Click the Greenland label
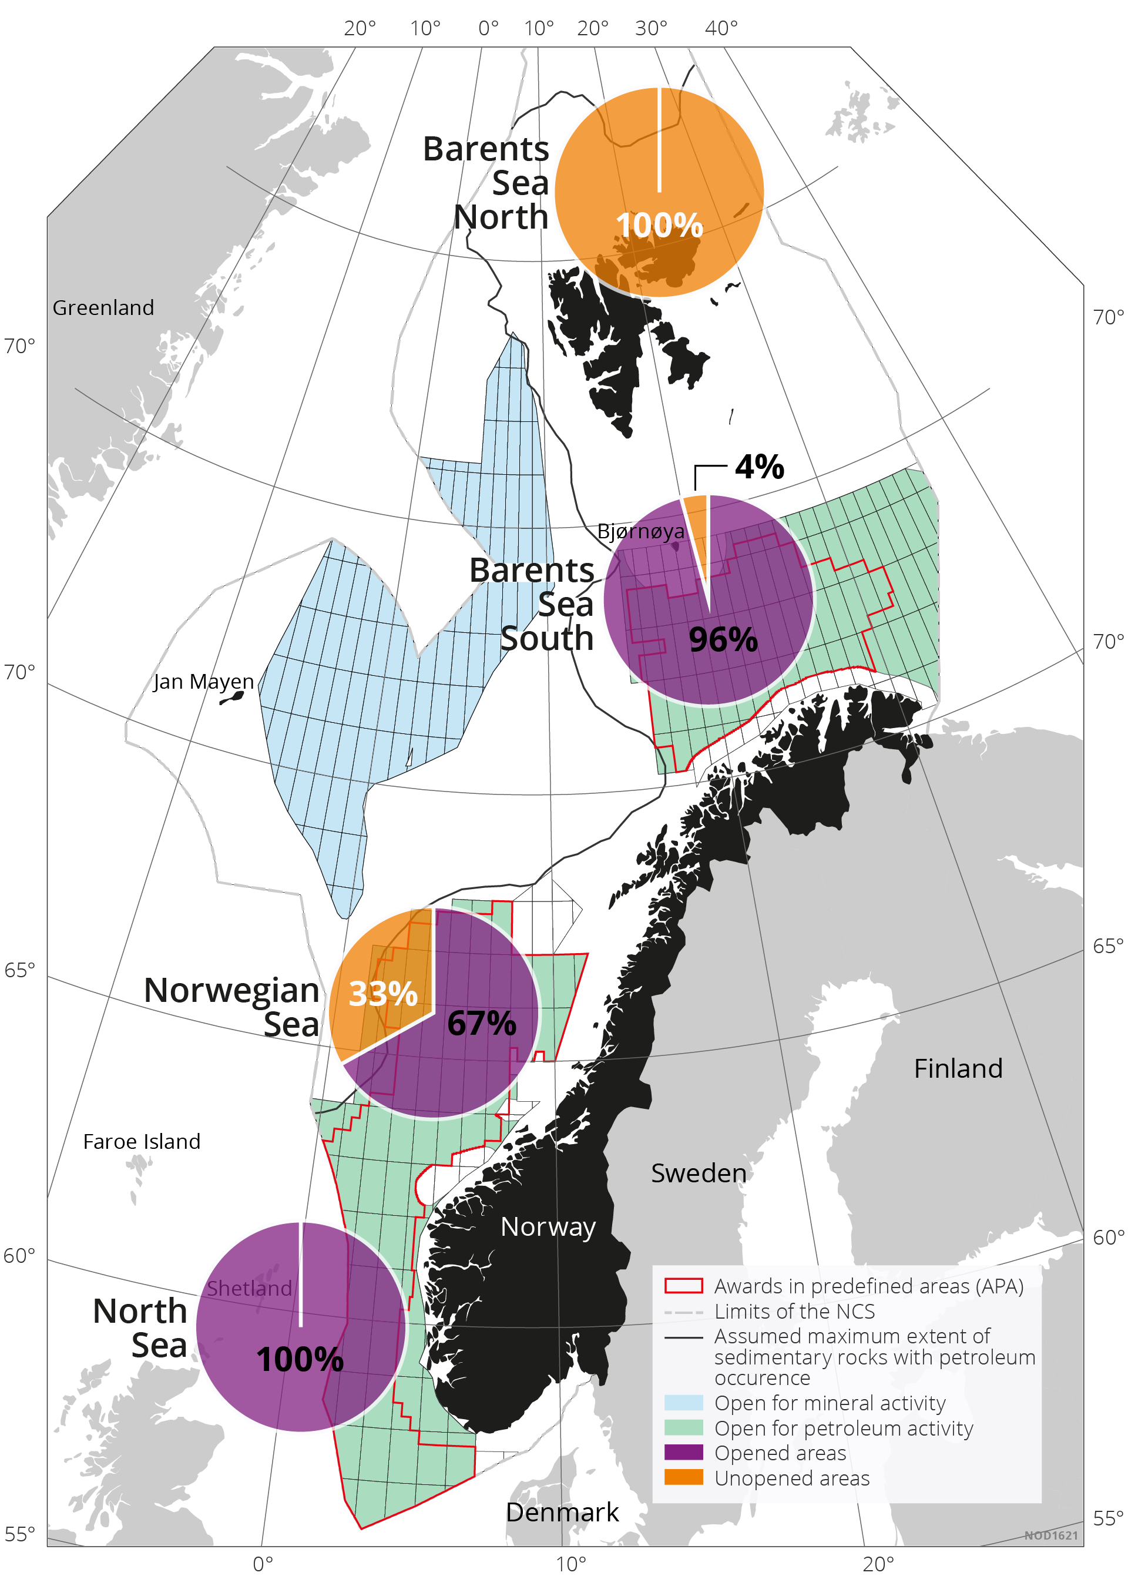103,307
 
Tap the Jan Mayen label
203,681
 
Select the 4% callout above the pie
759,467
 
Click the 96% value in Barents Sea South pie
722,639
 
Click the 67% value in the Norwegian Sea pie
481,1023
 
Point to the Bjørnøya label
640,531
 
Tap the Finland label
958,1068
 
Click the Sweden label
698,1173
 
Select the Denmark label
562,1513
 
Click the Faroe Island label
141,1141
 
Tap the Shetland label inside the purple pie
249,1288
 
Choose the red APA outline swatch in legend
683,1285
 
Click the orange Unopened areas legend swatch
683,1477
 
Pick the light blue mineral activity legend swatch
683,1402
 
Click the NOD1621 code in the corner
1050,1535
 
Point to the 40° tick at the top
721,28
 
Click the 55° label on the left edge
19,1534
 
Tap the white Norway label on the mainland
548,1227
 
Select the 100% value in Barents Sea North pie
659,225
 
